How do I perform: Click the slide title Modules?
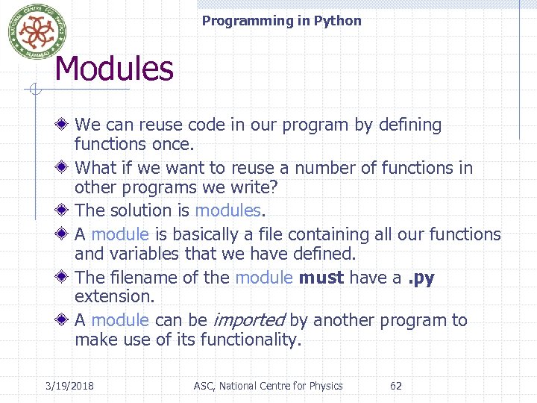[x=114, y=69]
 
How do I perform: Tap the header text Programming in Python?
[x=281, y=21]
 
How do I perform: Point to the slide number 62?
[x=396, y=386]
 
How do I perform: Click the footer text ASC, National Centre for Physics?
[x=268, y=386]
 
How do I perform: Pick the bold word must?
[x=321, y=278]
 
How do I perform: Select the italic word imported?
[x=248, y=321]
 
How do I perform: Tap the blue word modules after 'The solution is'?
[x=227, y=211]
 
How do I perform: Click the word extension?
[x=113, y=296]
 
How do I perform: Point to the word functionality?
[x=256, y=341]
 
